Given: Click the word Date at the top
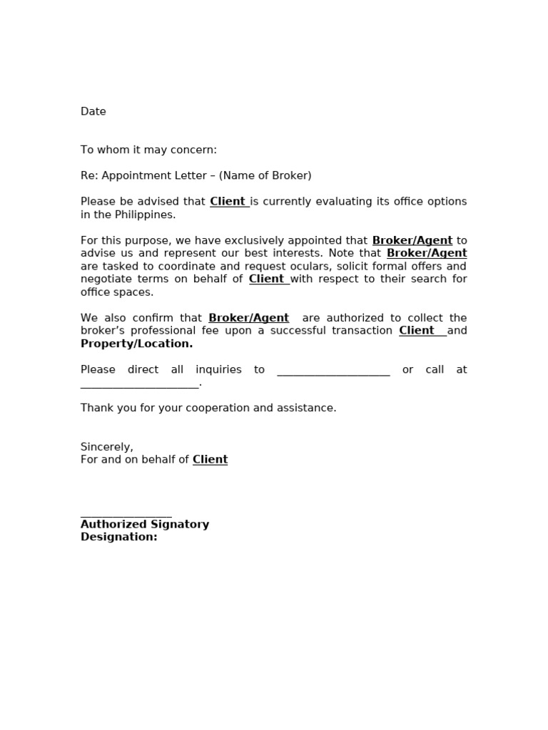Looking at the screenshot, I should [x=93, y=111].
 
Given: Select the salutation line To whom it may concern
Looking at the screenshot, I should [x=148, y=150].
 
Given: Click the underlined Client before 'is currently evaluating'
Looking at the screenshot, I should [x=228, y=202].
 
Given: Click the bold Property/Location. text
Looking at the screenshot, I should [x=136, y=344].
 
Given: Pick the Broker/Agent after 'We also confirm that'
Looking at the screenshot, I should [x=248, y=318].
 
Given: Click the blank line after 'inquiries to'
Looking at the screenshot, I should [x=333, y=371].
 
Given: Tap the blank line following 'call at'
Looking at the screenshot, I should [x=140, y=384].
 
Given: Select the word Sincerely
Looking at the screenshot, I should [x=106, y=447].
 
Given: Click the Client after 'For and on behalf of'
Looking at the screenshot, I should [x=210, y=460].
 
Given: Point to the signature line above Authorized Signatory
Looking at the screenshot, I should [x=126, y=514].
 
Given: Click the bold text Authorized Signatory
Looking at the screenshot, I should [x=145, y=525].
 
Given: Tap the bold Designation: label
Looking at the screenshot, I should [x=118, y=538].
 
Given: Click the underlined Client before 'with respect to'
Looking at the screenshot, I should [x=267, y=279].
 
